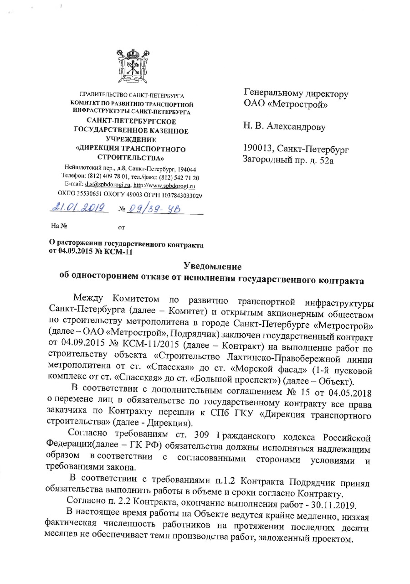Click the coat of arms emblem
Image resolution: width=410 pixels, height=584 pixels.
(x=132, y=66)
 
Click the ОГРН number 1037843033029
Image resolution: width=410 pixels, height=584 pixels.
(x=177, y=195)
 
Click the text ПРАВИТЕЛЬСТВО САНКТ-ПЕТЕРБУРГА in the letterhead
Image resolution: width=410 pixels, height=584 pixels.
(x=132, y=97)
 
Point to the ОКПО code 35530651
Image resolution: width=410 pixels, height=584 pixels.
(x=90, y=195)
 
